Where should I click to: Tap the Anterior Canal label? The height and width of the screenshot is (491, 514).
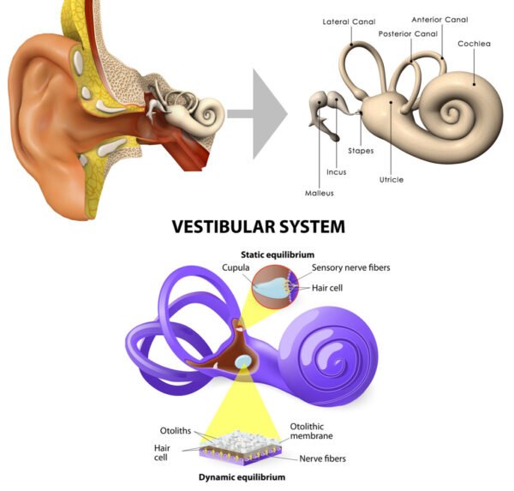pos(439,20)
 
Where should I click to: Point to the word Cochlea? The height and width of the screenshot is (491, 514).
pos(474,43)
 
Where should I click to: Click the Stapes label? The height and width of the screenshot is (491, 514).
pos(360,150)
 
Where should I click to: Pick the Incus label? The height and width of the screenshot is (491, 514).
pos(336,171)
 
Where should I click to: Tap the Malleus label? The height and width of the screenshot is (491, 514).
pos(319,193)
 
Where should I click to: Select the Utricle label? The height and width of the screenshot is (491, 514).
pos(391,180)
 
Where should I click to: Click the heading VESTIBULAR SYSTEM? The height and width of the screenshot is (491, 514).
pos(258,227)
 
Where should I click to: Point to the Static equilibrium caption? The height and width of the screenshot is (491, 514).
pos(277,254)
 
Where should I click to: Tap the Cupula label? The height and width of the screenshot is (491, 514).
pos(236,268)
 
